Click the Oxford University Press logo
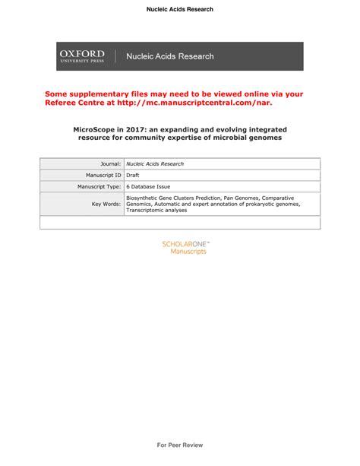(x=81, y=55)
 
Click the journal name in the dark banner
(x=169, y=56)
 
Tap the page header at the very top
(x=180, y=9)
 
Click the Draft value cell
(x=133, y=175)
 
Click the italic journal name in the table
(x=155, y=163)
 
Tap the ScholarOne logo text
(x=185, y=244)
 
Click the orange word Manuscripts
(x=188, y=252)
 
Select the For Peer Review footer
(x=180, y=445)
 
